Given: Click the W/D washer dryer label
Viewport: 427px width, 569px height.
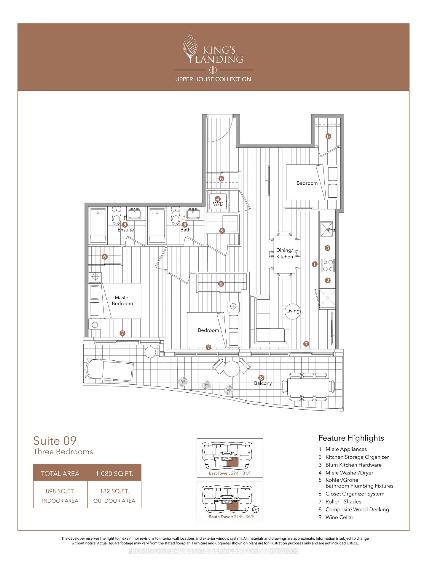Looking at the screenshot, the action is pos(218,204).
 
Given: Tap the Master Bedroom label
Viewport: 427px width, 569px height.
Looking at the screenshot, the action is pos(122,301).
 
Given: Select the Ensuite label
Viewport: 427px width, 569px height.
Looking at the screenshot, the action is pos(126,230).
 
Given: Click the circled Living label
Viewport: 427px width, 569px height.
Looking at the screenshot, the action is pos(293,311).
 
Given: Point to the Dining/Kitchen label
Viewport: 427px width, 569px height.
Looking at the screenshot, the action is pos(285,253).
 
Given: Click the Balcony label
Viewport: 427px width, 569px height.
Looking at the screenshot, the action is pos(263,383).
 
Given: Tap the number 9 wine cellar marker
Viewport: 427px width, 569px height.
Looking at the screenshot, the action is pos(222,230).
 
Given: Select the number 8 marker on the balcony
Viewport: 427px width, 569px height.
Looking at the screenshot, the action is pos(261,378).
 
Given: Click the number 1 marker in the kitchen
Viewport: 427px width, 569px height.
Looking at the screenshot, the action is pos(315,264).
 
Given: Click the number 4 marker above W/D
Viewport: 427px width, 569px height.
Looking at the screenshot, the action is pos(218,199).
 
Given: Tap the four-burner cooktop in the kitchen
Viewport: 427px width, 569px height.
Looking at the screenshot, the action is pos(328,265).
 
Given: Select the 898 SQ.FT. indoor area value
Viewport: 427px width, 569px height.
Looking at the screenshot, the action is pos(60,491).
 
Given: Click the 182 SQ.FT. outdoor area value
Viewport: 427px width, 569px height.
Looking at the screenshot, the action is pos(114,491).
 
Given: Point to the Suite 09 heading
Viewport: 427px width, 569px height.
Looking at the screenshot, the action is pos(55,441).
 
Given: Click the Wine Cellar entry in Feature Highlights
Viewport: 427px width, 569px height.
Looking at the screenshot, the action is pos(339,517).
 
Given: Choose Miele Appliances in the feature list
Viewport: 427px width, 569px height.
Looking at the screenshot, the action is pos(346,449).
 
